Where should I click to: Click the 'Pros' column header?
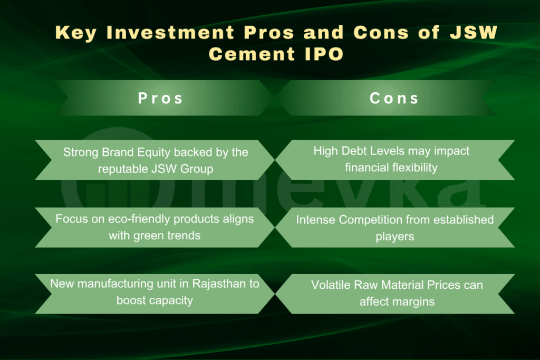pos(160,98)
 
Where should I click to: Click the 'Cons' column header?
pos(394,98)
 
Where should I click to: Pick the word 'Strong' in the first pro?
pos(81,152)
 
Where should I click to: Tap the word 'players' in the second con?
pos(394,236)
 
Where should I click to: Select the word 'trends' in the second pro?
pos(181,235)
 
